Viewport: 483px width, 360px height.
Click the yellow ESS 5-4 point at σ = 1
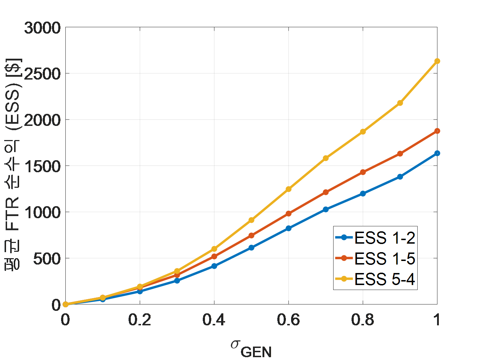tap(437, 61)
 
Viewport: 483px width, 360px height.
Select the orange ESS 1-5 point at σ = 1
tap(437, 131)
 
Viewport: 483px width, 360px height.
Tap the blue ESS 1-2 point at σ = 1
tap(437, 153)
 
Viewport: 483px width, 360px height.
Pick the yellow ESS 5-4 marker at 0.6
tap(288, 189)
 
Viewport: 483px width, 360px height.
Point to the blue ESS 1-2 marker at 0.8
tap(363, 193)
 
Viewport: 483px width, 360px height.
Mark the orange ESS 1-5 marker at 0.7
tap(326, 192)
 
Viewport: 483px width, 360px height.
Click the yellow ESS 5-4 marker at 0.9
tap(400, 103)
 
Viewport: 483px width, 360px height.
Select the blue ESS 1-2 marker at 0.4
tap(214, 266)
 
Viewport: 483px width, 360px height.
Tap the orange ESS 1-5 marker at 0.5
tap(251, 236)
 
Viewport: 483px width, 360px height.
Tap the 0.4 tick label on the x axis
tap(214, 320)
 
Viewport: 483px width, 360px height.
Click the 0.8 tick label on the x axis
tap(363, 320)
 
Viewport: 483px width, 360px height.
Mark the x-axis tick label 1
tap(437, 320)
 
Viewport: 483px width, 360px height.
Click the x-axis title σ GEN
tap(251, 348)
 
